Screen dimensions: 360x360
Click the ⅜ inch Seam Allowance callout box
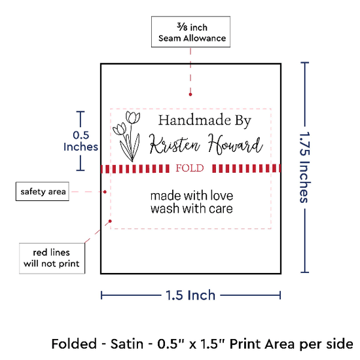coord(190,31)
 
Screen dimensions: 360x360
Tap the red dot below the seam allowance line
coord(190,94)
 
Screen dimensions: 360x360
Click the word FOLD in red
coord(190,168)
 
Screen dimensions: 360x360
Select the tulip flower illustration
coord(127,136)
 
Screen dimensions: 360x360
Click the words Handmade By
coord(205,120)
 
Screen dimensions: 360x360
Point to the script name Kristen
coord(175,145)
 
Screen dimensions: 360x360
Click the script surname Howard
coord(235,144)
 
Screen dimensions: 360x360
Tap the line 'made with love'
coord(192,196)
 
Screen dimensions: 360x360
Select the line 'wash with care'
coord(192,209)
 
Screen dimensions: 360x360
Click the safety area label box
coord(43,192)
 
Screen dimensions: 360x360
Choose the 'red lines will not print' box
coord(52,259)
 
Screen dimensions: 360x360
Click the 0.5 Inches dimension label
coord(81,141)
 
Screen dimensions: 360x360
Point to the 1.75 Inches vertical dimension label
coord(305,168)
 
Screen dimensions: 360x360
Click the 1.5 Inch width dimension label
coord(190,295)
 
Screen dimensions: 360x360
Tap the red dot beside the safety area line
coord(105,192)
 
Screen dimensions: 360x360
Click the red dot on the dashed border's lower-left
coord(110,221)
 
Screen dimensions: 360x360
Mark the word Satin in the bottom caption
coord(127,344)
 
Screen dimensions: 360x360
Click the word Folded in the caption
coord(74,344)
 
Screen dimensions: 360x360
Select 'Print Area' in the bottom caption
coord(262,344)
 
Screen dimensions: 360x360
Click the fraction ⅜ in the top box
coord(182,27)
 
